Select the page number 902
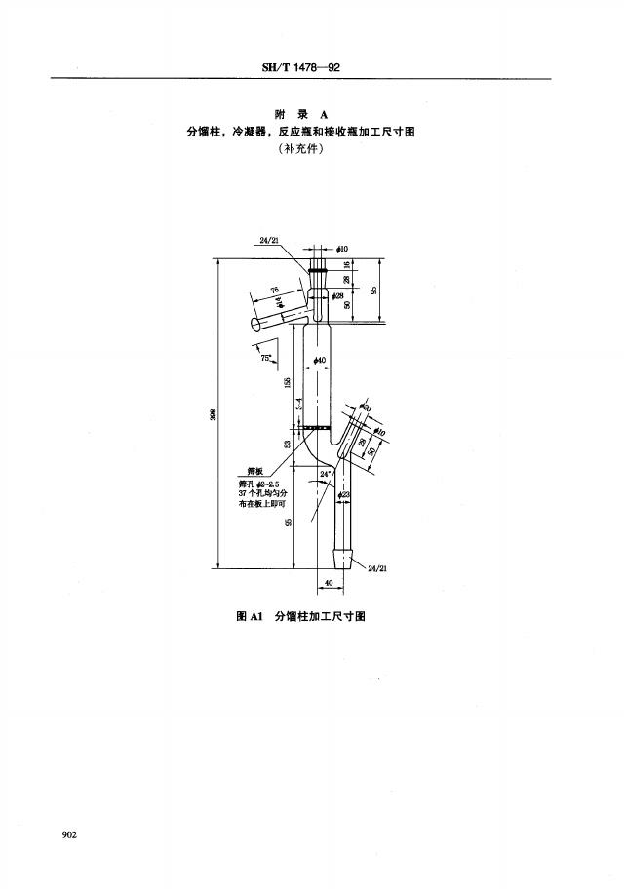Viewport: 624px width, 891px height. [69, 834]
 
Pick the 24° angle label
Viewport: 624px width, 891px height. [326, 475]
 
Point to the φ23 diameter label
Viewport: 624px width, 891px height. [344, 496]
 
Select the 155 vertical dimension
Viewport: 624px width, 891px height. [288, 382]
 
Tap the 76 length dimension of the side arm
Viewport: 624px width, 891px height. [276, 290]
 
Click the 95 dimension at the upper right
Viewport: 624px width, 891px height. [374, 291]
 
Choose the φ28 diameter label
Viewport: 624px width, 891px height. [337, 295]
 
